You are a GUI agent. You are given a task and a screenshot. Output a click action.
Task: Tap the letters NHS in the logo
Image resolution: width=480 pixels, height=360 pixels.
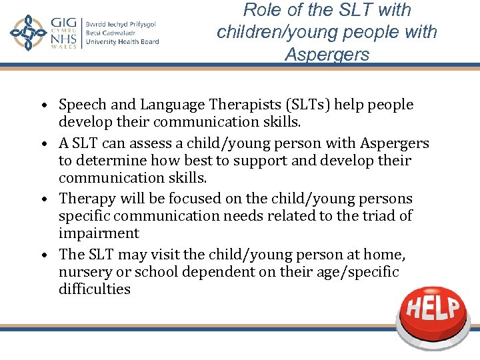point(65,41)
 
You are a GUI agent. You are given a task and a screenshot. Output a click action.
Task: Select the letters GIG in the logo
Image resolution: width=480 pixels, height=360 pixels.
point(65,24)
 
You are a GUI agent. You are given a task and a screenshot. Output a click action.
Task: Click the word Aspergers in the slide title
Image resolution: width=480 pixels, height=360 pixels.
point(327,55)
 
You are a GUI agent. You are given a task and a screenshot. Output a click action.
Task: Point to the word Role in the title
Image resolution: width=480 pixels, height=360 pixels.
point(262,10)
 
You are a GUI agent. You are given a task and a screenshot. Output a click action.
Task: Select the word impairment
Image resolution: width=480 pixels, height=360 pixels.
point(99,233)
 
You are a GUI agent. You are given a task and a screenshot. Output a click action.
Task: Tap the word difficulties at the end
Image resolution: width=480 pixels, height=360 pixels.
point(95,289)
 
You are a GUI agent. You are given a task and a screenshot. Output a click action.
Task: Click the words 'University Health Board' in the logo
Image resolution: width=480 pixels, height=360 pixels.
point(122,42)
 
